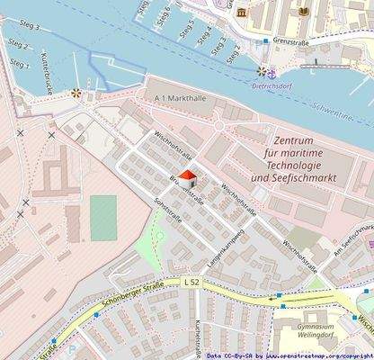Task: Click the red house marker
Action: pos(186,178)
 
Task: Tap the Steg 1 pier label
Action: pos(19,63)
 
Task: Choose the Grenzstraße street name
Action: pos(293,41)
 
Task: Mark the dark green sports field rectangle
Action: pos(103,218)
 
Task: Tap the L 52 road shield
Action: pos(191,282)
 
